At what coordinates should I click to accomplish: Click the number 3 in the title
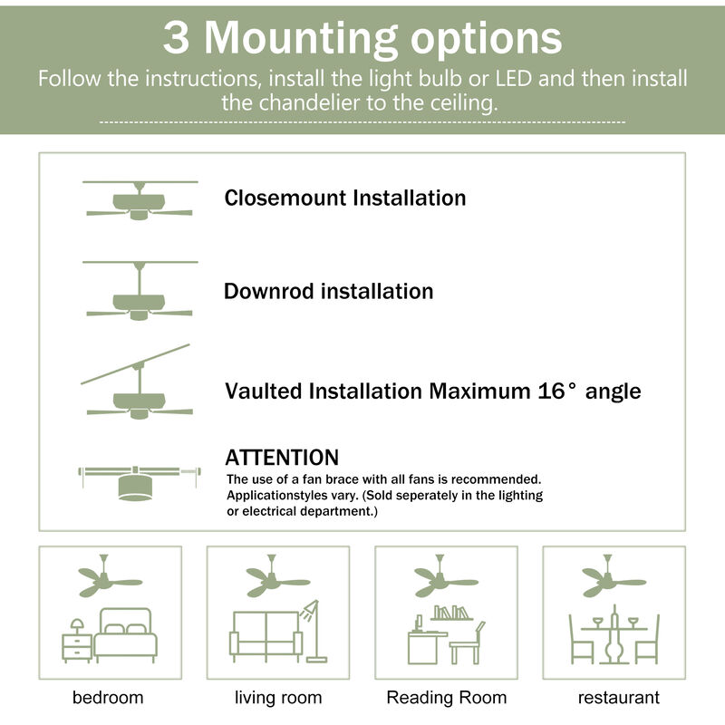coord(178,38)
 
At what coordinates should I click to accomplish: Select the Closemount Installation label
coord(344,198)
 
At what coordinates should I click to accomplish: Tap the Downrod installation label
coord(328,291)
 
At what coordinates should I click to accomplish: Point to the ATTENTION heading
coord(281,458)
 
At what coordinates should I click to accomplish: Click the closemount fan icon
coord(139,201)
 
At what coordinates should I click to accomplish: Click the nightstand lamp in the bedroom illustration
coord(78,626)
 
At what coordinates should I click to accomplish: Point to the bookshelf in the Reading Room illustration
coord(453,614)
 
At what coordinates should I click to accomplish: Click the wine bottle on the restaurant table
coord(614,616)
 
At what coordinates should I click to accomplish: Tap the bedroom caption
coord(108,697)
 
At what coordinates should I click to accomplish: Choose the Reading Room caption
coord(446,697)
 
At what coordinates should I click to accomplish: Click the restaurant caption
coord(618,697)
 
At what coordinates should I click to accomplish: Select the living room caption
coord(278,697)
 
